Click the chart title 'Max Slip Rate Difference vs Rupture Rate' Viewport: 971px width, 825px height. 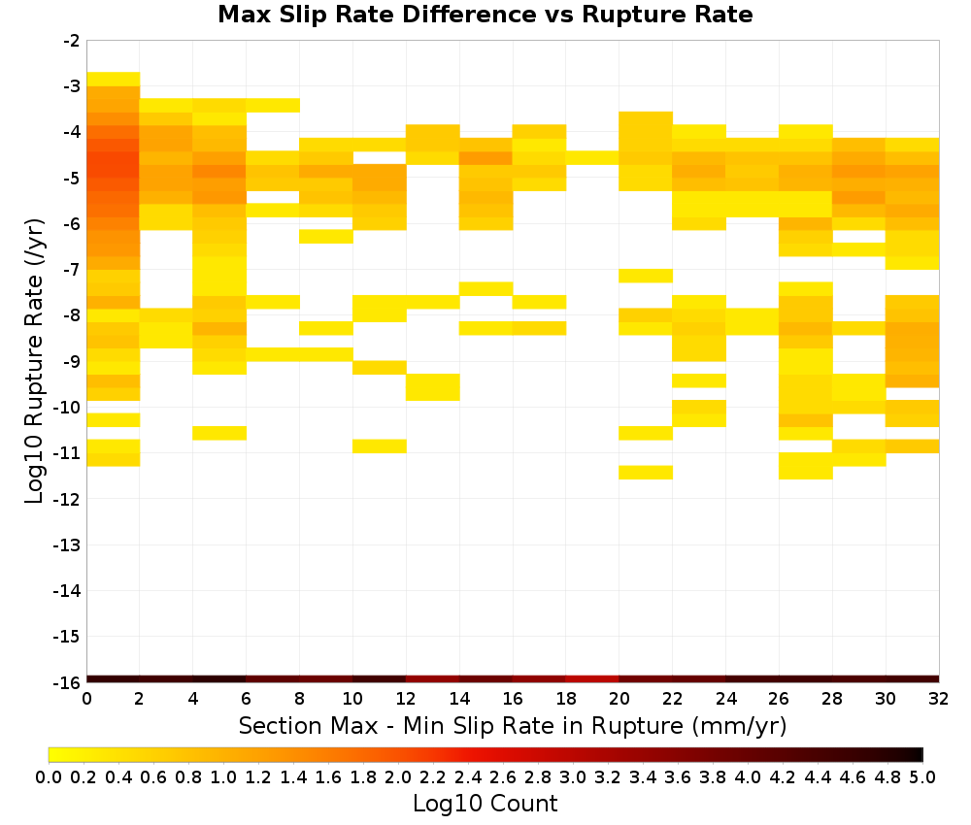tap(485, 15)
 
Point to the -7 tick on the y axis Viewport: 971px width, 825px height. tap(72, 270)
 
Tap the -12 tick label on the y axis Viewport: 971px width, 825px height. tap(68, 499)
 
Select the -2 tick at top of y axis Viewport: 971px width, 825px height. tap(72, 41)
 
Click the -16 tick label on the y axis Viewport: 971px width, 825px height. tap(68, 682)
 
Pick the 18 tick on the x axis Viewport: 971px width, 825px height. tap(566, 699)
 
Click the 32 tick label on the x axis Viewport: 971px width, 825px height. tap(939, 699)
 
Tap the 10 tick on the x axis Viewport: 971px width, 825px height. tap(353, 699)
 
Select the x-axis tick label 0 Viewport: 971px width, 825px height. tap(86, 699)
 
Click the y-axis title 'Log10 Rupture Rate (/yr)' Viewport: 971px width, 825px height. tap(34, 361)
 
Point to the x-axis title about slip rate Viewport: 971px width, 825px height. tap(513, 725)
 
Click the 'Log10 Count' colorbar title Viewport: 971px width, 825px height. tap(485, 804)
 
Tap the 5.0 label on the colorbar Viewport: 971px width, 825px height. tap(922, 776)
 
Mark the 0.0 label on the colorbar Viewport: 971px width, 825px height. tap(49, 776)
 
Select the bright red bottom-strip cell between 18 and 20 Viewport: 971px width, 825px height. tap(592, 679)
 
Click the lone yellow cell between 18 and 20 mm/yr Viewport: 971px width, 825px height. tap(592, 158)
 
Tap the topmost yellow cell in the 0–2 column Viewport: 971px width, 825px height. tap(114, 80)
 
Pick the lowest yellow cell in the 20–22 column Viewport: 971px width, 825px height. tap(646, 473)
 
